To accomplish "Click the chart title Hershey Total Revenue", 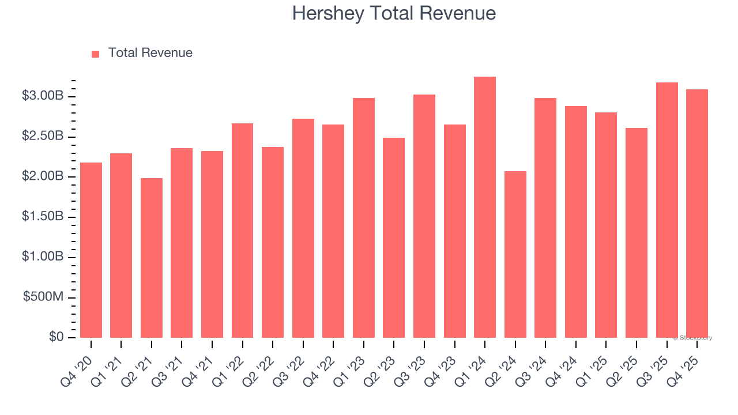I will click(x=394, y=13).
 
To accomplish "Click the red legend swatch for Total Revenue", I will click(x=96, y=54).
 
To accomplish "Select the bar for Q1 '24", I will click(x=485, y=207).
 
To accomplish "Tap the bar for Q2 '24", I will click(x=515, y=254).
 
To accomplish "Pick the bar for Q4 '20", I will click(x=91, y=250).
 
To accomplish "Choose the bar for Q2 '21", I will click(x=152, y=258).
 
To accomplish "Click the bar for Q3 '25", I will click(x=667, y=210).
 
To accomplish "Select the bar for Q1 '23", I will click(x=364, y=218).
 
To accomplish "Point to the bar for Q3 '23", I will click(x=424, y=216).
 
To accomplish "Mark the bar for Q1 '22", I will click(x=242, y=231).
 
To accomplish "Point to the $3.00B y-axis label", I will click(x=43, y=96).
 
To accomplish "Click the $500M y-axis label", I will click(x=43, y=297).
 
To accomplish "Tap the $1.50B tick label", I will click(x=43, y=217).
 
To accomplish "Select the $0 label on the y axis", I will click(x=57, y=337).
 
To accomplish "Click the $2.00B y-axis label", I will click(x=43, y=176).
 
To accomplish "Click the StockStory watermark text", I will click(x=692, y=338).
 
